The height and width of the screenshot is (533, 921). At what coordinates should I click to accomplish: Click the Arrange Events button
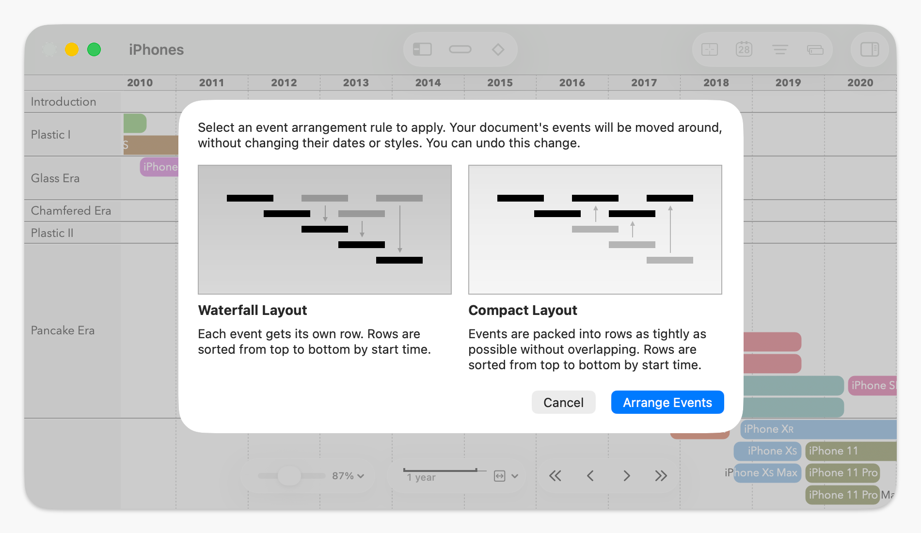(667, 402)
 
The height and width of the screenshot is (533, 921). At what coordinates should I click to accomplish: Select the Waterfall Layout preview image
(324, 229)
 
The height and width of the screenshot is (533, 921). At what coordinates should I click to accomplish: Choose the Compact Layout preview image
(595, 229)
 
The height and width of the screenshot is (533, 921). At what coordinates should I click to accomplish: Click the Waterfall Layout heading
(252, 310)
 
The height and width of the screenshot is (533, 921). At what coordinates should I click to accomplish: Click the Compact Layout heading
(522, 310)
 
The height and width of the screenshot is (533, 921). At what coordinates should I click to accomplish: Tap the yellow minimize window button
(72, 49)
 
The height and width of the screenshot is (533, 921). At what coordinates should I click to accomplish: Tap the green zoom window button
(94, 49)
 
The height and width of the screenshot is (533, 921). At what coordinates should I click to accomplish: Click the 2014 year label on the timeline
(428, 83)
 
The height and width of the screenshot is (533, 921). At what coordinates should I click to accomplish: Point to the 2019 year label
(788, 83)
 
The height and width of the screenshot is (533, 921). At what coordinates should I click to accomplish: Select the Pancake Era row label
(63, 330)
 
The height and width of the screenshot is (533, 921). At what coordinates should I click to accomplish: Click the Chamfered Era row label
(71, 211)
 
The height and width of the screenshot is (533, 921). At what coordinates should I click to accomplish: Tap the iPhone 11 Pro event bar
(842, 472)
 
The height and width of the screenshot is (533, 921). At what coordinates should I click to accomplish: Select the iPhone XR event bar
(818, 429)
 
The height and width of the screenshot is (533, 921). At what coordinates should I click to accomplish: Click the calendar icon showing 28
(744, 49)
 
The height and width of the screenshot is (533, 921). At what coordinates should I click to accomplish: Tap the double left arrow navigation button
(555, 476)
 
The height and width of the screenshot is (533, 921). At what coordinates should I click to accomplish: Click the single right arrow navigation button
(626, 476)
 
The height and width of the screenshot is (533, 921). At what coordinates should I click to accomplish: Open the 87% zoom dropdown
(348, 476)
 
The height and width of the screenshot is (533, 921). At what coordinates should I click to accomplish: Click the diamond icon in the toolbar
(498, 49)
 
